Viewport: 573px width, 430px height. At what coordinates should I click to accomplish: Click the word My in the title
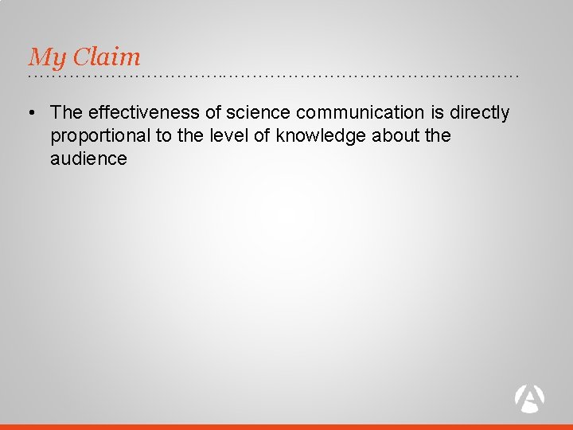coord(46,57)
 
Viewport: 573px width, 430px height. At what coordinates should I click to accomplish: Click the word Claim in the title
coord(105,57)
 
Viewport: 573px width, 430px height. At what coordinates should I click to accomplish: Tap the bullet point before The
coord(32,113)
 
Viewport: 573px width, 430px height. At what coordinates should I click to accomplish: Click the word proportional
coord(100,135)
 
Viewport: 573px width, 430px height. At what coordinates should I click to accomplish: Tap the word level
coord(229,135)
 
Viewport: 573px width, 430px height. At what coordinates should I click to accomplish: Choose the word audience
coord(88,158)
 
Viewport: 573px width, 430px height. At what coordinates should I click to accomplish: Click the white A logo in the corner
coord(530,397)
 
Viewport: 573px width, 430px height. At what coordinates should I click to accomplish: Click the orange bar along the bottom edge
coord(286,426)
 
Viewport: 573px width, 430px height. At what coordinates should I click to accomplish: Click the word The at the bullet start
coord(66,113)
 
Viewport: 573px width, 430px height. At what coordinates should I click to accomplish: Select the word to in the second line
coord(163,135)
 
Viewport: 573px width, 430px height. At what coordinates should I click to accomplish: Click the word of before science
coord(213,113)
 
